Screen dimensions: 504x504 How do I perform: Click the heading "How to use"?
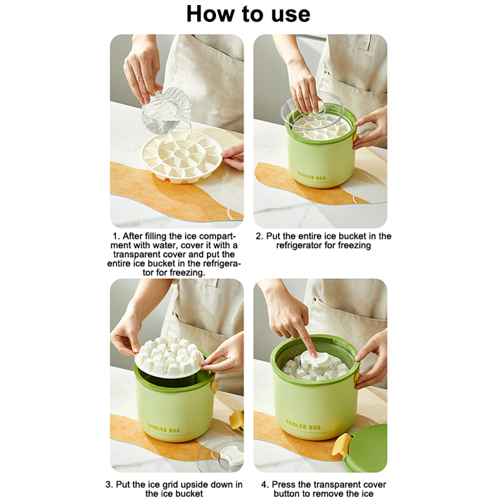click(x=248, y=14)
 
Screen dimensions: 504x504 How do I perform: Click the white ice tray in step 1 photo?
click(x=182, y=156)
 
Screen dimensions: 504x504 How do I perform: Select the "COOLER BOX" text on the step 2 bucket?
click(x=311, y=176)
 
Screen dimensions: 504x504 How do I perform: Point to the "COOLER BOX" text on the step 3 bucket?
click(x=164, y=428)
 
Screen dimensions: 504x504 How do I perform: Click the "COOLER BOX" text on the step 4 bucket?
click(x=303, y=425)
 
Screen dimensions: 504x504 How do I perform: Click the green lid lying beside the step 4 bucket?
click(x=367, y=449)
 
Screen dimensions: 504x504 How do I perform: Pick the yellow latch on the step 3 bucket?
click(x=214, y=386)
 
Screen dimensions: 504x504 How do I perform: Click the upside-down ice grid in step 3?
click(x=169, y=357)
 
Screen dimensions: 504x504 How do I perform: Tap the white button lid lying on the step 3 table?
click(x=231, y=455)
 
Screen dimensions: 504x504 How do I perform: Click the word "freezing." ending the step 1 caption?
click(x=187, y=273)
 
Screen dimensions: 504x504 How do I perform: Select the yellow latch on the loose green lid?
click(x=341, y=444)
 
